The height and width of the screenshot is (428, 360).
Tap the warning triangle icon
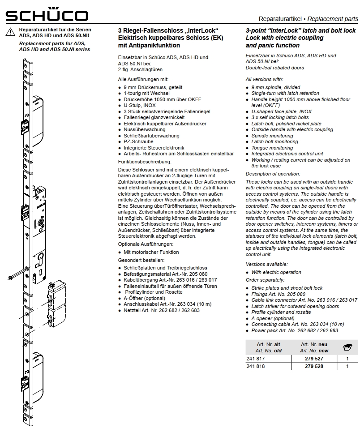point(10,32)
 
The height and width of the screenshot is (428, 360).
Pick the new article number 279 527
point(314,359)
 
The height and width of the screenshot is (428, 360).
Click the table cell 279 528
point(314,366)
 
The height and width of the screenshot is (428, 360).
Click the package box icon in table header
point(347,347)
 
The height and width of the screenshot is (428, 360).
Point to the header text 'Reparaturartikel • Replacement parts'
point(308,19)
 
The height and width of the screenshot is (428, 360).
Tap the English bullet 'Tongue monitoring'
point(272,148)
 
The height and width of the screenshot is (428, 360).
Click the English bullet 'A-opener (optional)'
point(274,318)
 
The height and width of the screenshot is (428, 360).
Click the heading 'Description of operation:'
point(273,174)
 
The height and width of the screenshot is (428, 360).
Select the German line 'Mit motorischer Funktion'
point(151,252)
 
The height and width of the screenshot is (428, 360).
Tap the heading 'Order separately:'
point(265,280)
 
